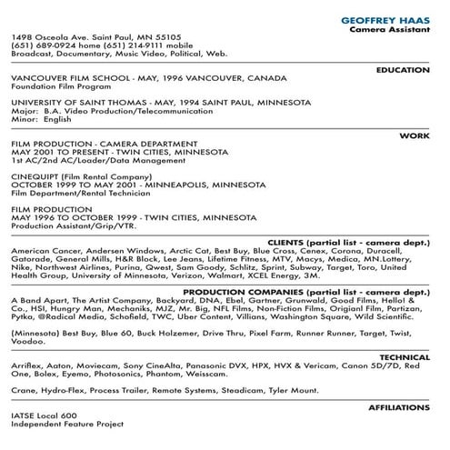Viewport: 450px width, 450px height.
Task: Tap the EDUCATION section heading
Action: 401,69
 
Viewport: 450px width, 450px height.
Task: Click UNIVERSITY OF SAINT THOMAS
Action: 65,102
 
